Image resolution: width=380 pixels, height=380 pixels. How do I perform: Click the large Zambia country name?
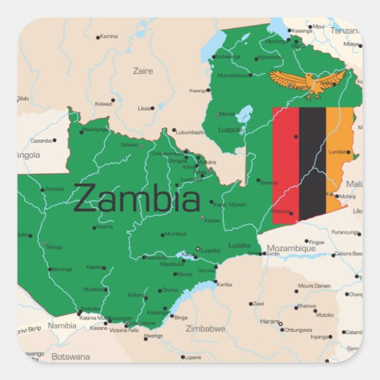(136, 199)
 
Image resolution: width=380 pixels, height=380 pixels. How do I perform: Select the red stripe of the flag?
(285, 163)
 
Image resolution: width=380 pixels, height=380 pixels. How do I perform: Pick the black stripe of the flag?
(312, 163)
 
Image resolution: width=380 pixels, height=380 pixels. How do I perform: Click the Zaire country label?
(143, 71)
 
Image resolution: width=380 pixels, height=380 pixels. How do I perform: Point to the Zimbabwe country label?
(206, 329)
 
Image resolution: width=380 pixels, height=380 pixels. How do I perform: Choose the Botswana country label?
(71, 356)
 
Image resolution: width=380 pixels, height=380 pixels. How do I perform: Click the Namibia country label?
(62, 326)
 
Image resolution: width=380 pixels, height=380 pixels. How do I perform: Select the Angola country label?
(28, 154)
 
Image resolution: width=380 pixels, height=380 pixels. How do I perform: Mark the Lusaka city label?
(210, 250)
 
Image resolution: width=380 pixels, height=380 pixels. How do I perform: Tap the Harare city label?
(270, 320)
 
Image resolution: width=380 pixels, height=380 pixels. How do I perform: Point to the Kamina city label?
(109, 36)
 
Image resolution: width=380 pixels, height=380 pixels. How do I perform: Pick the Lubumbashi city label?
(190, 132)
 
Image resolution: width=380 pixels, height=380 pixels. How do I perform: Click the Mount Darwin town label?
(314, 285)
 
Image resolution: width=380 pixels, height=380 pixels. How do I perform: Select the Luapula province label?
(230, 130)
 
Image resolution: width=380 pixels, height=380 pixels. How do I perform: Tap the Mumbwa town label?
(175, 234)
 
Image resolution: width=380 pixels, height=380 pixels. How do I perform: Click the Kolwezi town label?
(104, 103)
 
